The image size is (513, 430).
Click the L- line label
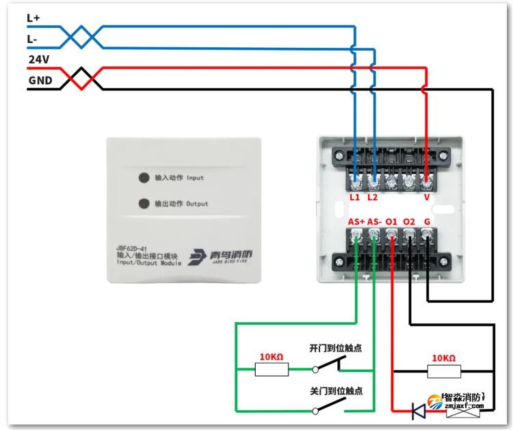click(x=32, y=39)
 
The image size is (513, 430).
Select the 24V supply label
click(x=38, y=59)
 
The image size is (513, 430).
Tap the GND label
click(x=40, y=80)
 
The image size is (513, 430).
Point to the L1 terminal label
click(x=354, y=197)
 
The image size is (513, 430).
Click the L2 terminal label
click(x=372, y=197)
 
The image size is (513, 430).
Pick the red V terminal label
click(x=427, y=197)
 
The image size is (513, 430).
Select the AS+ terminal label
click(x=356, y=222)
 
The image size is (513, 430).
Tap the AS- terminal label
click(x=374, y=222)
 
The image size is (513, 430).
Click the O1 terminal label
click(x=391, y=222)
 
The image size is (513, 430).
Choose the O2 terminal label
click(x=409, y=222)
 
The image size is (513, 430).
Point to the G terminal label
click(x=427, y=222)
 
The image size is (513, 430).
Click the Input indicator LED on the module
click(x=144, y=178)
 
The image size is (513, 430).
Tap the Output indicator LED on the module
click(x=144, y=203)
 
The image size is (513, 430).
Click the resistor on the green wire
click(x=272, y=370)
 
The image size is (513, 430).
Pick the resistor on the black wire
click(x=445, y=371)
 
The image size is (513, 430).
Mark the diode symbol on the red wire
click(x=418, y=411)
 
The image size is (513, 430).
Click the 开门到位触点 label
click(x=335, y=348)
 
